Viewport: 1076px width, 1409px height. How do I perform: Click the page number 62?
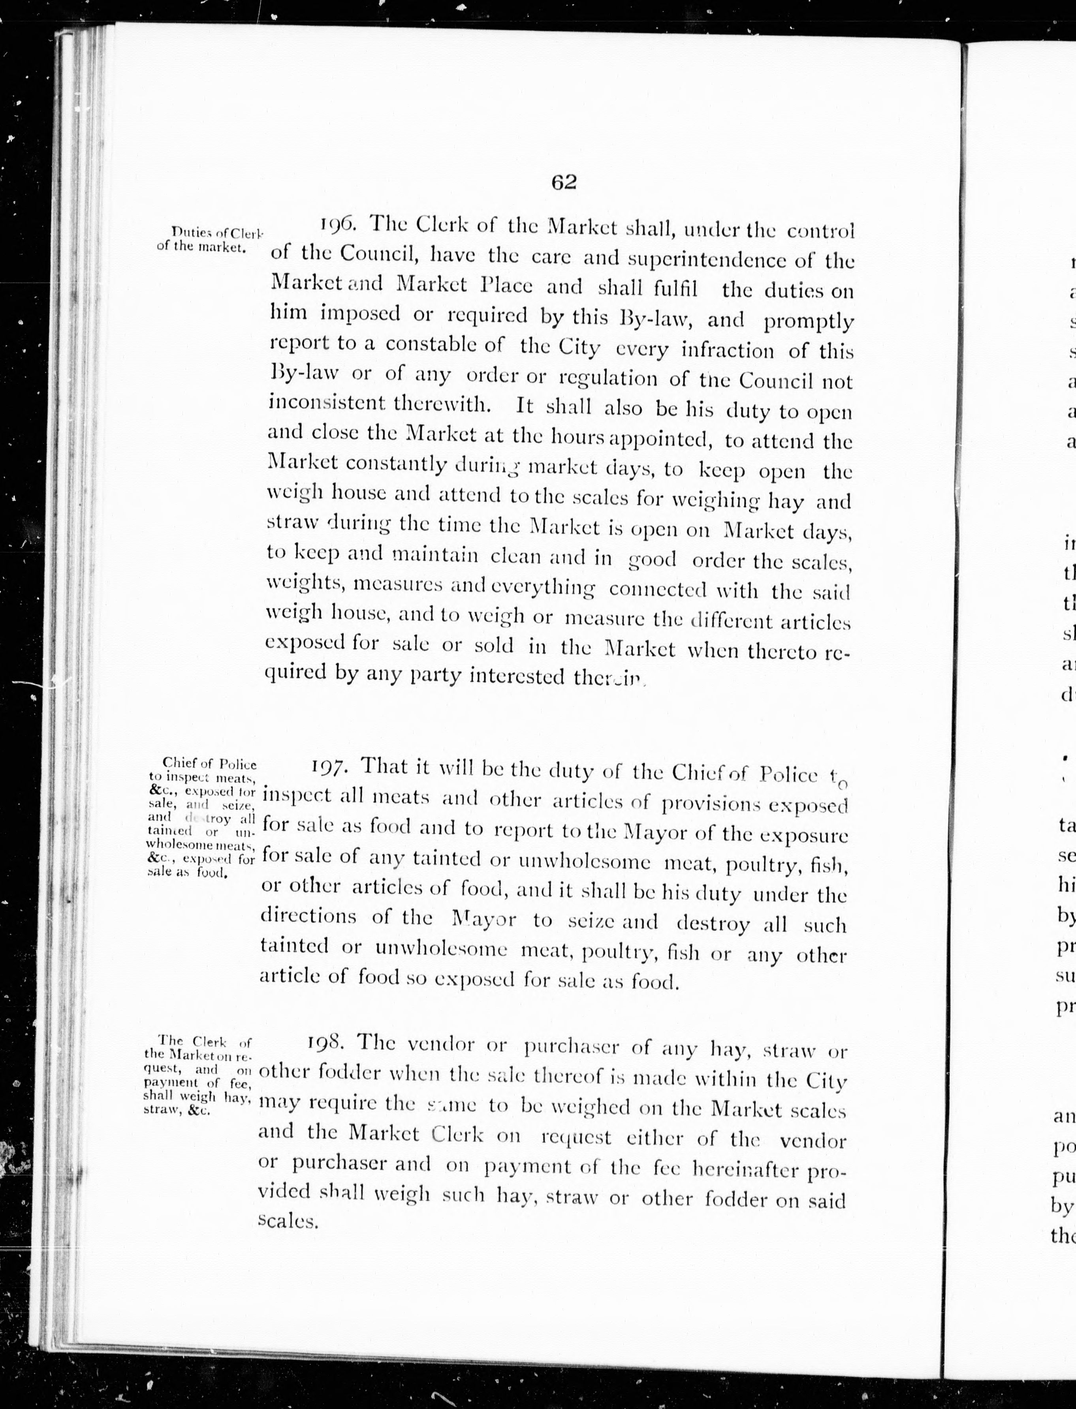pos(564,182)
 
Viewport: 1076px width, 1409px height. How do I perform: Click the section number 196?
pos(342,225)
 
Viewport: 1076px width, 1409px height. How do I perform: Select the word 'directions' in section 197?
pos(309,916)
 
